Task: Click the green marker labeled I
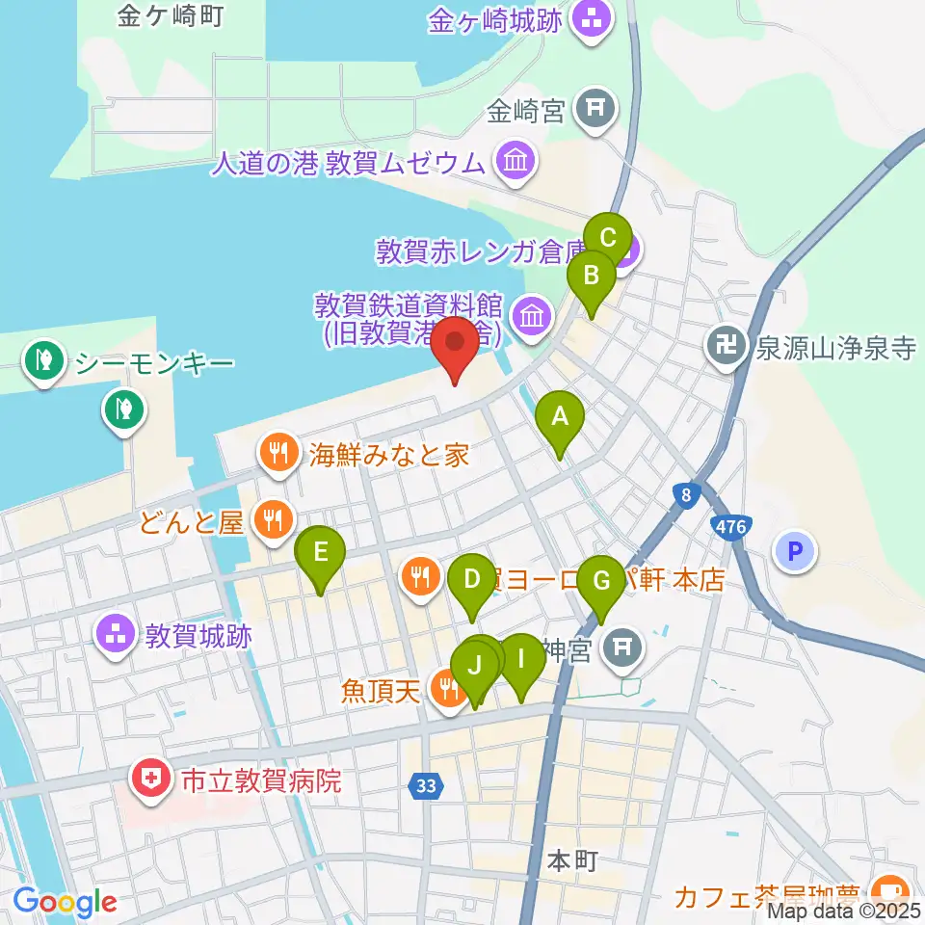click(x=521, y=662)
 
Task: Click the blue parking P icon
click(x=795, y=552)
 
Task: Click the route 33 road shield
click(x=427, y=786)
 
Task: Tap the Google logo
click(x=65, y=902)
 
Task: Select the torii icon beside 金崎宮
click(x=595, y=110)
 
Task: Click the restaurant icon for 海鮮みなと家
click(x=279, y=454)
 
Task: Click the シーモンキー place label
click(x=154, y=364)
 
